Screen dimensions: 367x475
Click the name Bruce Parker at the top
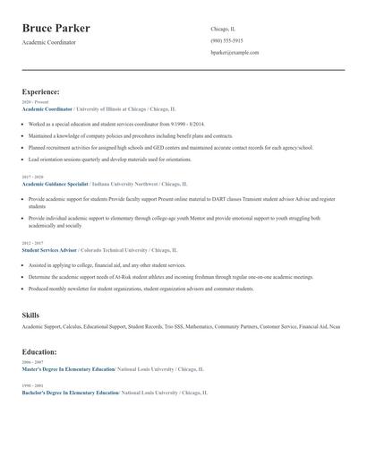(62, 29)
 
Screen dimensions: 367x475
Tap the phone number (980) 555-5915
(226, 41)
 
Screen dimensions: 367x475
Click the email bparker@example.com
(235, 53)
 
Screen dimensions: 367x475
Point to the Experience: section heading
(41, 91)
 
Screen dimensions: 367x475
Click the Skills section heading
(30, 315)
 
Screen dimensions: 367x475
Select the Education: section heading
(39, 352)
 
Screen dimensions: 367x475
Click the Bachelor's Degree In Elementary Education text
(70, 393)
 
